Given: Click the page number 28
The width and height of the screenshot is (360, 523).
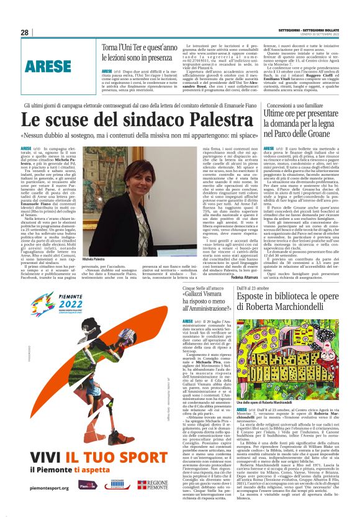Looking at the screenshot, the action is coord(24,32).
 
